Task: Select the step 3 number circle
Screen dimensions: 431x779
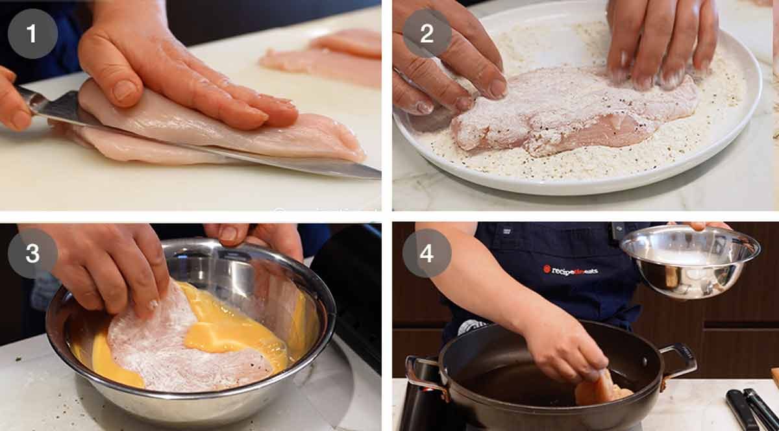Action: [32, 253]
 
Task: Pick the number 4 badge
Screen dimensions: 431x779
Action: [427, 253]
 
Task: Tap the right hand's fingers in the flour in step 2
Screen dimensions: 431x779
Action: [656, 45]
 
